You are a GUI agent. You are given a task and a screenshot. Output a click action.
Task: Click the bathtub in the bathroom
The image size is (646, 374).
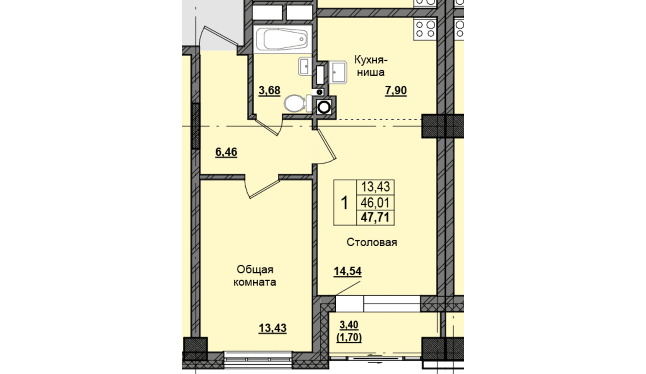pos(282,39)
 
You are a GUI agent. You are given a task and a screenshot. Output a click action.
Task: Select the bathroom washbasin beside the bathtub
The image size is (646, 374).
pos(304,66)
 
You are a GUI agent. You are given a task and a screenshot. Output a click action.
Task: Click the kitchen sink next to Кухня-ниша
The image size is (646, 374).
pos(337,72)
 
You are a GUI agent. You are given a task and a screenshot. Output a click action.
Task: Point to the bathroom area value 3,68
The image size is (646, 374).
pos(269,90)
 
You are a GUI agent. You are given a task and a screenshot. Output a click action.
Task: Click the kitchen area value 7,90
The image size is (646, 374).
pos(396,90)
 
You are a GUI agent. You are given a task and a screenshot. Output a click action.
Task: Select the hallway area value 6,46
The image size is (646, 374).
pos(226,152)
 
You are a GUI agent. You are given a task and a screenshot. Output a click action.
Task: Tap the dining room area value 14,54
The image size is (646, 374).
pos(347,271)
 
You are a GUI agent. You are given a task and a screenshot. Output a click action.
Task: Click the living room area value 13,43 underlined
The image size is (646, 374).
pos(273,328)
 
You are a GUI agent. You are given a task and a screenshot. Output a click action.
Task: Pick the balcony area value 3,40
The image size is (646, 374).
pos(349,325)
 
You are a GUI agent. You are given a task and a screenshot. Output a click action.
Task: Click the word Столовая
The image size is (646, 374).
pos(372,242)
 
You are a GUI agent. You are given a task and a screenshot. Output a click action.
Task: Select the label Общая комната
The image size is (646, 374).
pos(255,276)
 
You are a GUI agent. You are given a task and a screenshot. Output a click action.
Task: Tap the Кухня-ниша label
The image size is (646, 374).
pos(371,66)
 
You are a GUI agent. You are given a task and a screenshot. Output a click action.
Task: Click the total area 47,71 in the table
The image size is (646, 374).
pos(375,217)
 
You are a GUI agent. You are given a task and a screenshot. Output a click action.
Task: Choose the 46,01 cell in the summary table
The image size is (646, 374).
pos(375,203)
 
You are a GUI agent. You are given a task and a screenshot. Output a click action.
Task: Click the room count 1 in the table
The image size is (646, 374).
pos(345,203)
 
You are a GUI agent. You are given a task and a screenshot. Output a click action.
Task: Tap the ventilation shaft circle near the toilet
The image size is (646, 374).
pos(324,107)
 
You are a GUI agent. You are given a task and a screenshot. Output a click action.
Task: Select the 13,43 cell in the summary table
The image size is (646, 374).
pos(376,187)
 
